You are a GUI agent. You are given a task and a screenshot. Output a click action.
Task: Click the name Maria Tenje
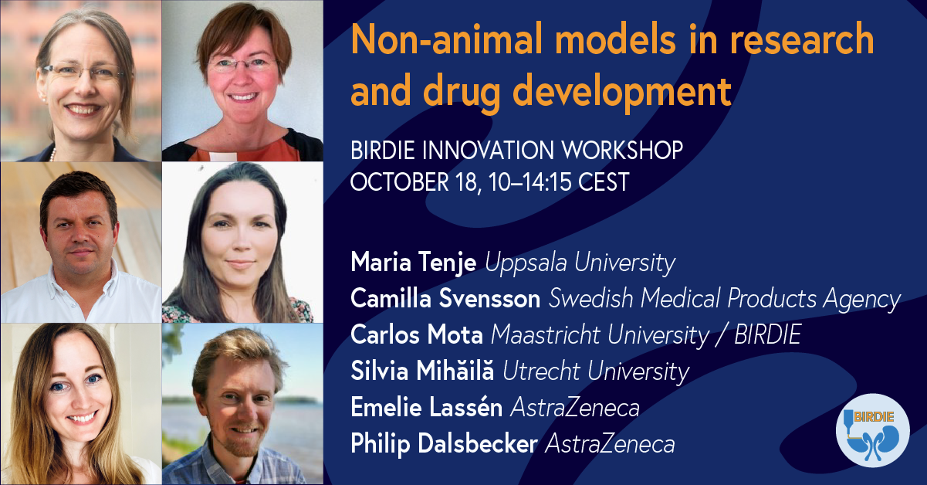tap(414, 263)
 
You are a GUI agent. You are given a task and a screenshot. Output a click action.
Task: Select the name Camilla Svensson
tap(445, 298)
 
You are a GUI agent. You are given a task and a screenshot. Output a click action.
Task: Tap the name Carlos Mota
tap(417, 334)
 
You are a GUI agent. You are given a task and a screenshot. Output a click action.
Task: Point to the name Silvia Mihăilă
tap(422, 369)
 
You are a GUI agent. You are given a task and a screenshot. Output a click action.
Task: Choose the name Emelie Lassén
tap(427, 407)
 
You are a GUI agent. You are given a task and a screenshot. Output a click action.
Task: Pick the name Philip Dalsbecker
tap(444, 443)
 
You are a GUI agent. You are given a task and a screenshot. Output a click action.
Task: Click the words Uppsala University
tap(580, 263)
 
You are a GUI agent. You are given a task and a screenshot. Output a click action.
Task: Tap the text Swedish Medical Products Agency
tap(725, 299)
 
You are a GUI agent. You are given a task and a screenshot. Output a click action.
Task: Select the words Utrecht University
tap(596, 371)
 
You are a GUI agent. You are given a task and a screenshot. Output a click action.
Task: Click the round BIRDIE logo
tap(873, 430)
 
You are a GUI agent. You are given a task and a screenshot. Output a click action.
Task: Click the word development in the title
tap(622, 92)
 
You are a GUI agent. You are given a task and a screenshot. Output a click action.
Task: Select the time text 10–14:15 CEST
tap(559, 181)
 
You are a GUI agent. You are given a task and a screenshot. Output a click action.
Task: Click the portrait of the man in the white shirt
tap(81, 242)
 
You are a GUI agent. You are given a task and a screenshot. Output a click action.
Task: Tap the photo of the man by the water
tap(242, 404)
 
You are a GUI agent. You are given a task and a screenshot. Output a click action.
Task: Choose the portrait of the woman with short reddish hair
tap(242, 81)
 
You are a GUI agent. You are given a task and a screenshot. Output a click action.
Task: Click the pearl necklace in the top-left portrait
tap(52, 155)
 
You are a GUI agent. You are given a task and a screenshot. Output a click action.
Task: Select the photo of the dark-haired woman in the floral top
tap(242, 242)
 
